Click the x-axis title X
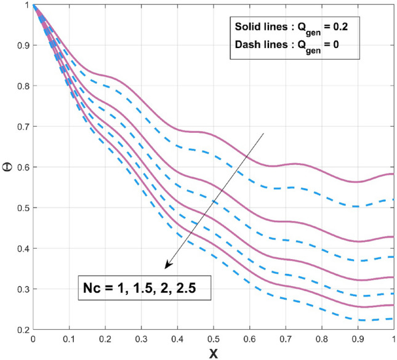[x=212, y=354]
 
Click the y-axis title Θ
[x=9, y=166]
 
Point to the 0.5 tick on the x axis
[x=213, y=330]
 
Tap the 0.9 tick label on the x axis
[x=357, y=338]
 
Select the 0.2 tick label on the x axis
[x=105, y=338]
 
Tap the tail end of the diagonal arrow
[x=264, y=132]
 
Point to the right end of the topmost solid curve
[x=393, y=174]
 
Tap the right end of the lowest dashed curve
[x=393, y=318]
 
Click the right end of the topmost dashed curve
[x=393, y=199]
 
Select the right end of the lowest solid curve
[x=393, y=305]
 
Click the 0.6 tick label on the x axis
[x=249, y=338]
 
